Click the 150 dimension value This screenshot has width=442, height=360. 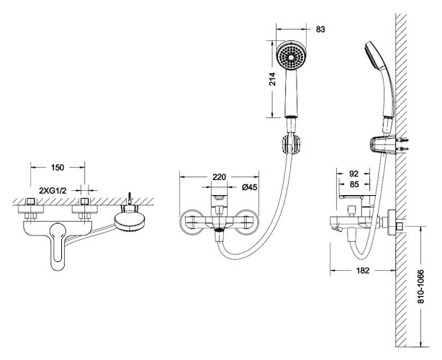[58, 168]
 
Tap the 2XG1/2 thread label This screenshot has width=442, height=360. [53, 191]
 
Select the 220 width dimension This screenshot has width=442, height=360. [219, 177]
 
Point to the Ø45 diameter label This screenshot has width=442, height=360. [250, 187]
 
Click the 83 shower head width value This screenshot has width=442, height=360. [320, 30]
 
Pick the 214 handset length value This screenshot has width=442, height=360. [272, 79]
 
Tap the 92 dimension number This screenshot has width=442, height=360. [353, 174]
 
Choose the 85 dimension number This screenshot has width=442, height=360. [354, 184]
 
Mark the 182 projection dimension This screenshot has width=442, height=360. [363, 270]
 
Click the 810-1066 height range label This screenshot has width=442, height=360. [420, 287]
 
